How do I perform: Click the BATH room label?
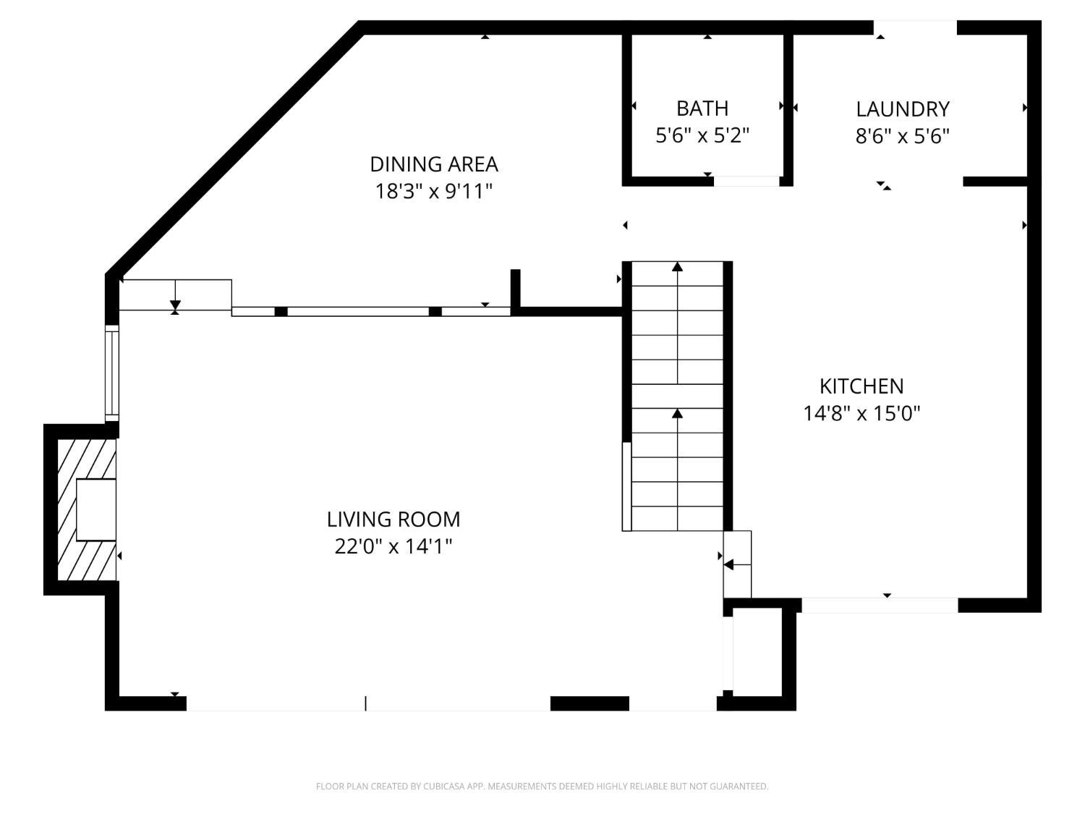[702, 109]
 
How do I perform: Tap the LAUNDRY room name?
[903, 109]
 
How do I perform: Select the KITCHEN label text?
[861, 386]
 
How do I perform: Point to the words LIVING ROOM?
[393, 520]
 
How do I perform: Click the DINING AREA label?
[434, 164]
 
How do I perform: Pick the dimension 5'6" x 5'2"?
[702, 135]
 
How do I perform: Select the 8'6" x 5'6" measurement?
[903, 136]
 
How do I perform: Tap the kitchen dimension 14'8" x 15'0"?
[861, 413]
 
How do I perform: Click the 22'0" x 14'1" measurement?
[393, 546]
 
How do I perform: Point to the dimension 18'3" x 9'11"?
[434, 191]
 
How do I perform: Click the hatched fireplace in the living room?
[87, 509]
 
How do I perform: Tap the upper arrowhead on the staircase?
[677, 267]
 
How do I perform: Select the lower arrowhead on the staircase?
[677, 413]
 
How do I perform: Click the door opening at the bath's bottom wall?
[746, 182]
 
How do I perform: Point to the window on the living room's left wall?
[112, 373]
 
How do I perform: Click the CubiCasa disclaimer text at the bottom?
[542, 786]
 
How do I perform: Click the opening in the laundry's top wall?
[915, 27]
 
